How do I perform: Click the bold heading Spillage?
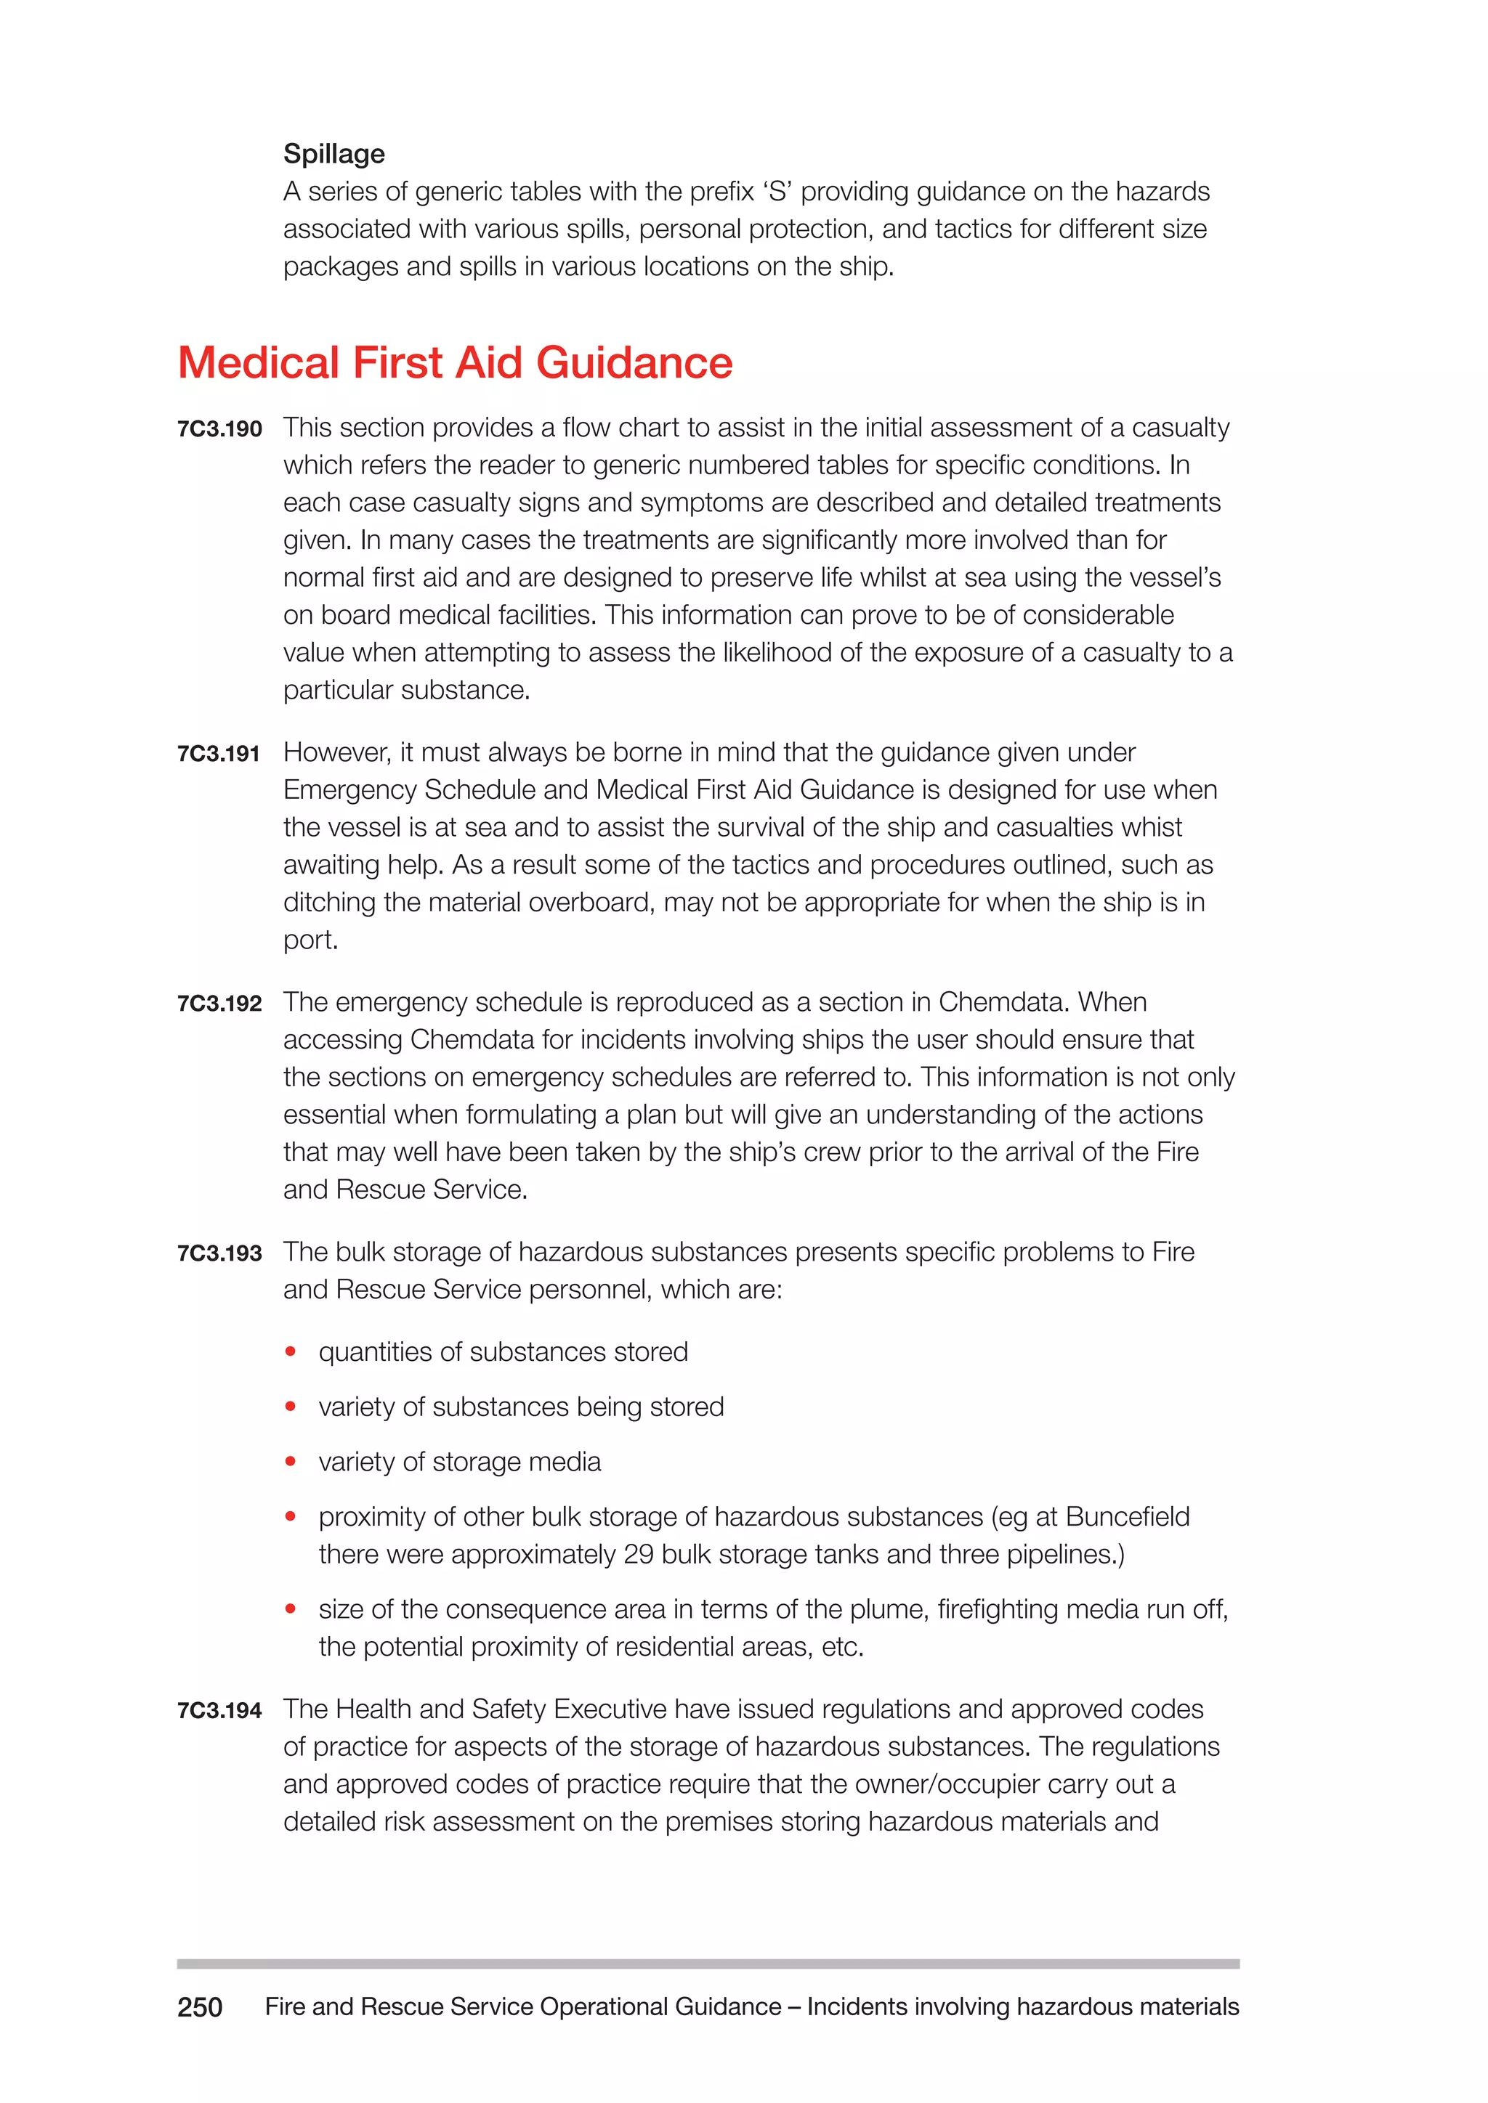tap(333, 154)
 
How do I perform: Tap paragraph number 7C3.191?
tap(218, 754)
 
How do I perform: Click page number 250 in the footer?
tap(200, 2007)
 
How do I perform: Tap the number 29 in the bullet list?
tap(639, 1554)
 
